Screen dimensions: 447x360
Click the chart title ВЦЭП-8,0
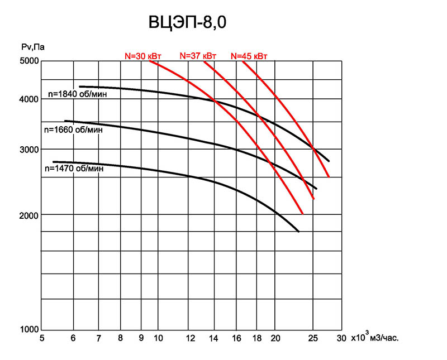(187, 22)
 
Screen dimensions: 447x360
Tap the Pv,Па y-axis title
(33, 47)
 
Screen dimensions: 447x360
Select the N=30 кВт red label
(143, 56)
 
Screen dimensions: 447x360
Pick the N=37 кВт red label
(198, 56)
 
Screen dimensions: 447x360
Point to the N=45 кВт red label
(249, 56)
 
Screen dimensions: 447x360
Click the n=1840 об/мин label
(78, 94)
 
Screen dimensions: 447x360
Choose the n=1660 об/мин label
(74, 130)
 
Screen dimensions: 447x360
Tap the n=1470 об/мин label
(74, 169)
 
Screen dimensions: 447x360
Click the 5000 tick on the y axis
(29, 61)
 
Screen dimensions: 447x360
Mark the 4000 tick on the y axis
(29, 99)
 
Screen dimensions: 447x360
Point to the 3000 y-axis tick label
(29, 150)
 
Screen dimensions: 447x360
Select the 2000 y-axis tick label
(29, 215)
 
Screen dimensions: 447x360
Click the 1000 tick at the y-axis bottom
(29, 329)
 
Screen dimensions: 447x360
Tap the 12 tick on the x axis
(191, 338)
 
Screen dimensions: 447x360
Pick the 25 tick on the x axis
(313, 338)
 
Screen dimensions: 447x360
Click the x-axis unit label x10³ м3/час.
(375, 337)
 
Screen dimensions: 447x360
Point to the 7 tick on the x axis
(99, 338)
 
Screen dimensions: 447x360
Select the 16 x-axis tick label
(236, 338)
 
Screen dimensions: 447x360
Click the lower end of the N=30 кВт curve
(303, 214)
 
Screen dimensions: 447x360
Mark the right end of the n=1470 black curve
(299, 232)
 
